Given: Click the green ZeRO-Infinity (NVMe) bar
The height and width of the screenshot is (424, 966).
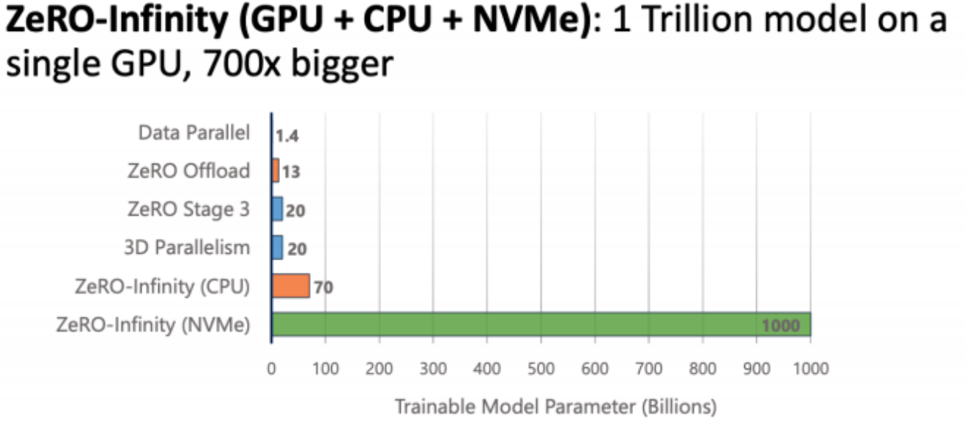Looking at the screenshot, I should tap(516, 324).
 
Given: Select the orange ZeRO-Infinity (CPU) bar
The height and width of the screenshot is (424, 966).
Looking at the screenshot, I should tap(290, 286).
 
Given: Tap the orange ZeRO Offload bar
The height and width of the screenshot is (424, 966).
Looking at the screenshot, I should tap(276, 171).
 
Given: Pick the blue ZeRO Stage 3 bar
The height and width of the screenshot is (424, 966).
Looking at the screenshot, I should tap(277, 209).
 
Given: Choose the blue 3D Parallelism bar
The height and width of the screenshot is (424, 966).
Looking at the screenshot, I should tap(277, 248).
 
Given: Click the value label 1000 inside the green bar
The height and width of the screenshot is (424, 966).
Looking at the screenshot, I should tap(780, 326).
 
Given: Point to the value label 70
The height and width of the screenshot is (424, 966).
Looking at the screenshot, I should tap(323, 287).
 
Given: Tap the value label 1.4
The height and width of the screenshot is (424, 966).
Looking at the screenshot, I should tap(287, 135).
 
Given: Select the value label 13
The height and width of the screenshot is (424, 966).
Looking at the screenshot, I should tap(291, 172).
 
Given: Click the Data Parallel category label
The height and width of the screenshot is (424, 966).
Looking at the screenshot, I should tap(194, 133).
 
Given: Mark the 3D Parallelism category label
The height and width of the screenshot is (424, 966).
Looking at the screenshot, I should tap(187, 249).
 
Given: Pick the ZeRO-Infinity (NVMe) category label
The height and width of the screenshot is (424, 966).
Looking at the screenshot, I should tap(153, 325).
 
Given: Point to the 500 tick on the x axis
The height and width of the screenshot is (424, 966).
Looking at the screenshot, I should tap(541, 367).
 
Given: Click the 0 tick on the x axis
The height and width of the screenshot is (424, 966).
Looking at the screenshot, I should tap(271, 367).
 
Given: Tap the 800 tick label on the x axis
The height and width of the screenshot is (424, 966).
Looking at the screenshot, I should tap(703, 367).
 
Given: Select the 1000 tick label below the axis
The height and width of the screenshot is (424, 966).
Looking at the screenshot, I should tap(811, 367).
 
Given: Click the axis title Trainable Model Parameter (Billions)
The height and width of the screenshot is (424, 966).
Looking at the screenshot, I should tap(556, 406).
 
